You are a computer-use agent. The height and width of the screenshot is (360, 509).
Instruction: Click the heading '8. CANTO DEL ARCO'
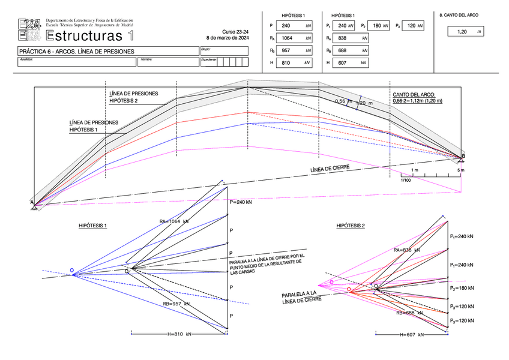coord(459,14)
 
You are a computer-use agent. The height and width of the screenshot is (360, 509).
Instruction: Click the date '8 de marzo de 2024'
coord(227,38)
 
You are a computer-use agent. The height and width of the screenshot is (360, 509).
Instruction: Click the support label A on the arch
coord(32,203)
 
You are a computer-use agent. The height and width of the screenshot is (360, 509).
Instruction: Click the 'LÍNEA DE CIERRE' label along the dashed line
coord(330,168)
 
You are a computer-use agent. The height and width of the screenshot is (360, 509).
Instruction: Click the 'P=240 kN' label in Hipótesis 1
coord(241,203)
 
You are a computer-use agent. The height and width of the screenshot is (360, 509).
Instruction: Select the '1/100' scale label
coord(406,179)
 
